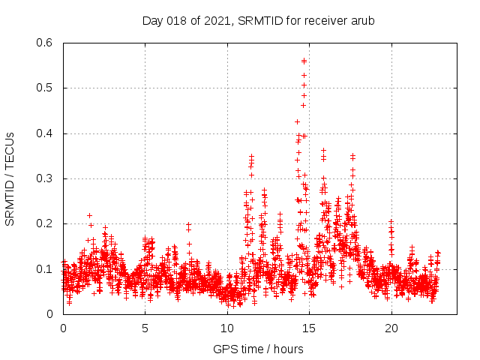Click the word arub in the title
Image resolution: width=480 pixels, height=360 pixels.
[x=361, y=21]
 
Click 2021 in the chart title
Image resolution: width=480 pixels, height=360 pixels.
[x=217, y=21]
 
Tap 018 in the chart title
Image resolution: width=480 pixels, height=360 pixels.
[x=177, y=21]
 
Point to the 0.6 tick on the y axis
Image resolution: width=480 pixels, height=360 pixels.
[x=46, y=43]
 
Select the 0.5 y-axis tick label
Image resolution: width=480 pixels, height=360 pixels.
[x=46, y=88]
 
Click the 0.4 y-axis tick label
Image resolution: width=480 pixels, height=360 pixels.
[x=46, y=133]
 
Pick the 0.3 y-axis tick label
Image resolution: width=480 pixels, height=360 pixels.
[x=46, y=178]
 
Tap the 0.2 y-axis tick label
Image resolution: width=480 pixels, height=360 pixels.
[x=46, y=224]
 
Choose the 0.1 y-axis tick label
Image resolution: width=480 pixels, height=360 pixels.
[x=46, y=269]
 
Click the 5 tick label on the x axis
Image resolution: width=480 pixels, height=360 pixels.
[x=145, y=328]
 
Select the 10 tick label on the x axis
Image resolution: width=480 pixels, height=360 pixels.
[x=227, y=328]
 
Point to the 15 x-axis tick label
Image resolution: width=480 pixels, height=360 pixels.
[x=309, y=328]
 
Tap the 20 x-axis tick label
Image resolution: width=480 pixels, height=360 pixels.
[x=391, y=328]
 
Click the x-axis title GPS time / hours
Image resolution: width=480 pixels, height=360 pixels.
[x=258, y=349]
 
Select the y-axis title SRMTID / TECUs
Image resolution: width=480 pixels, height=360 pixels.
[x=10, y=179]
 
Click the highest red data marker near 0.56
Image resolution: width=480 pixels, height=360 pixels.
[x=304, y=61]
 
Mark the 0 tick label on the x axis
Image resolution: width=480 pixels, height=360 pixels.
[x=63, y=328]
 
